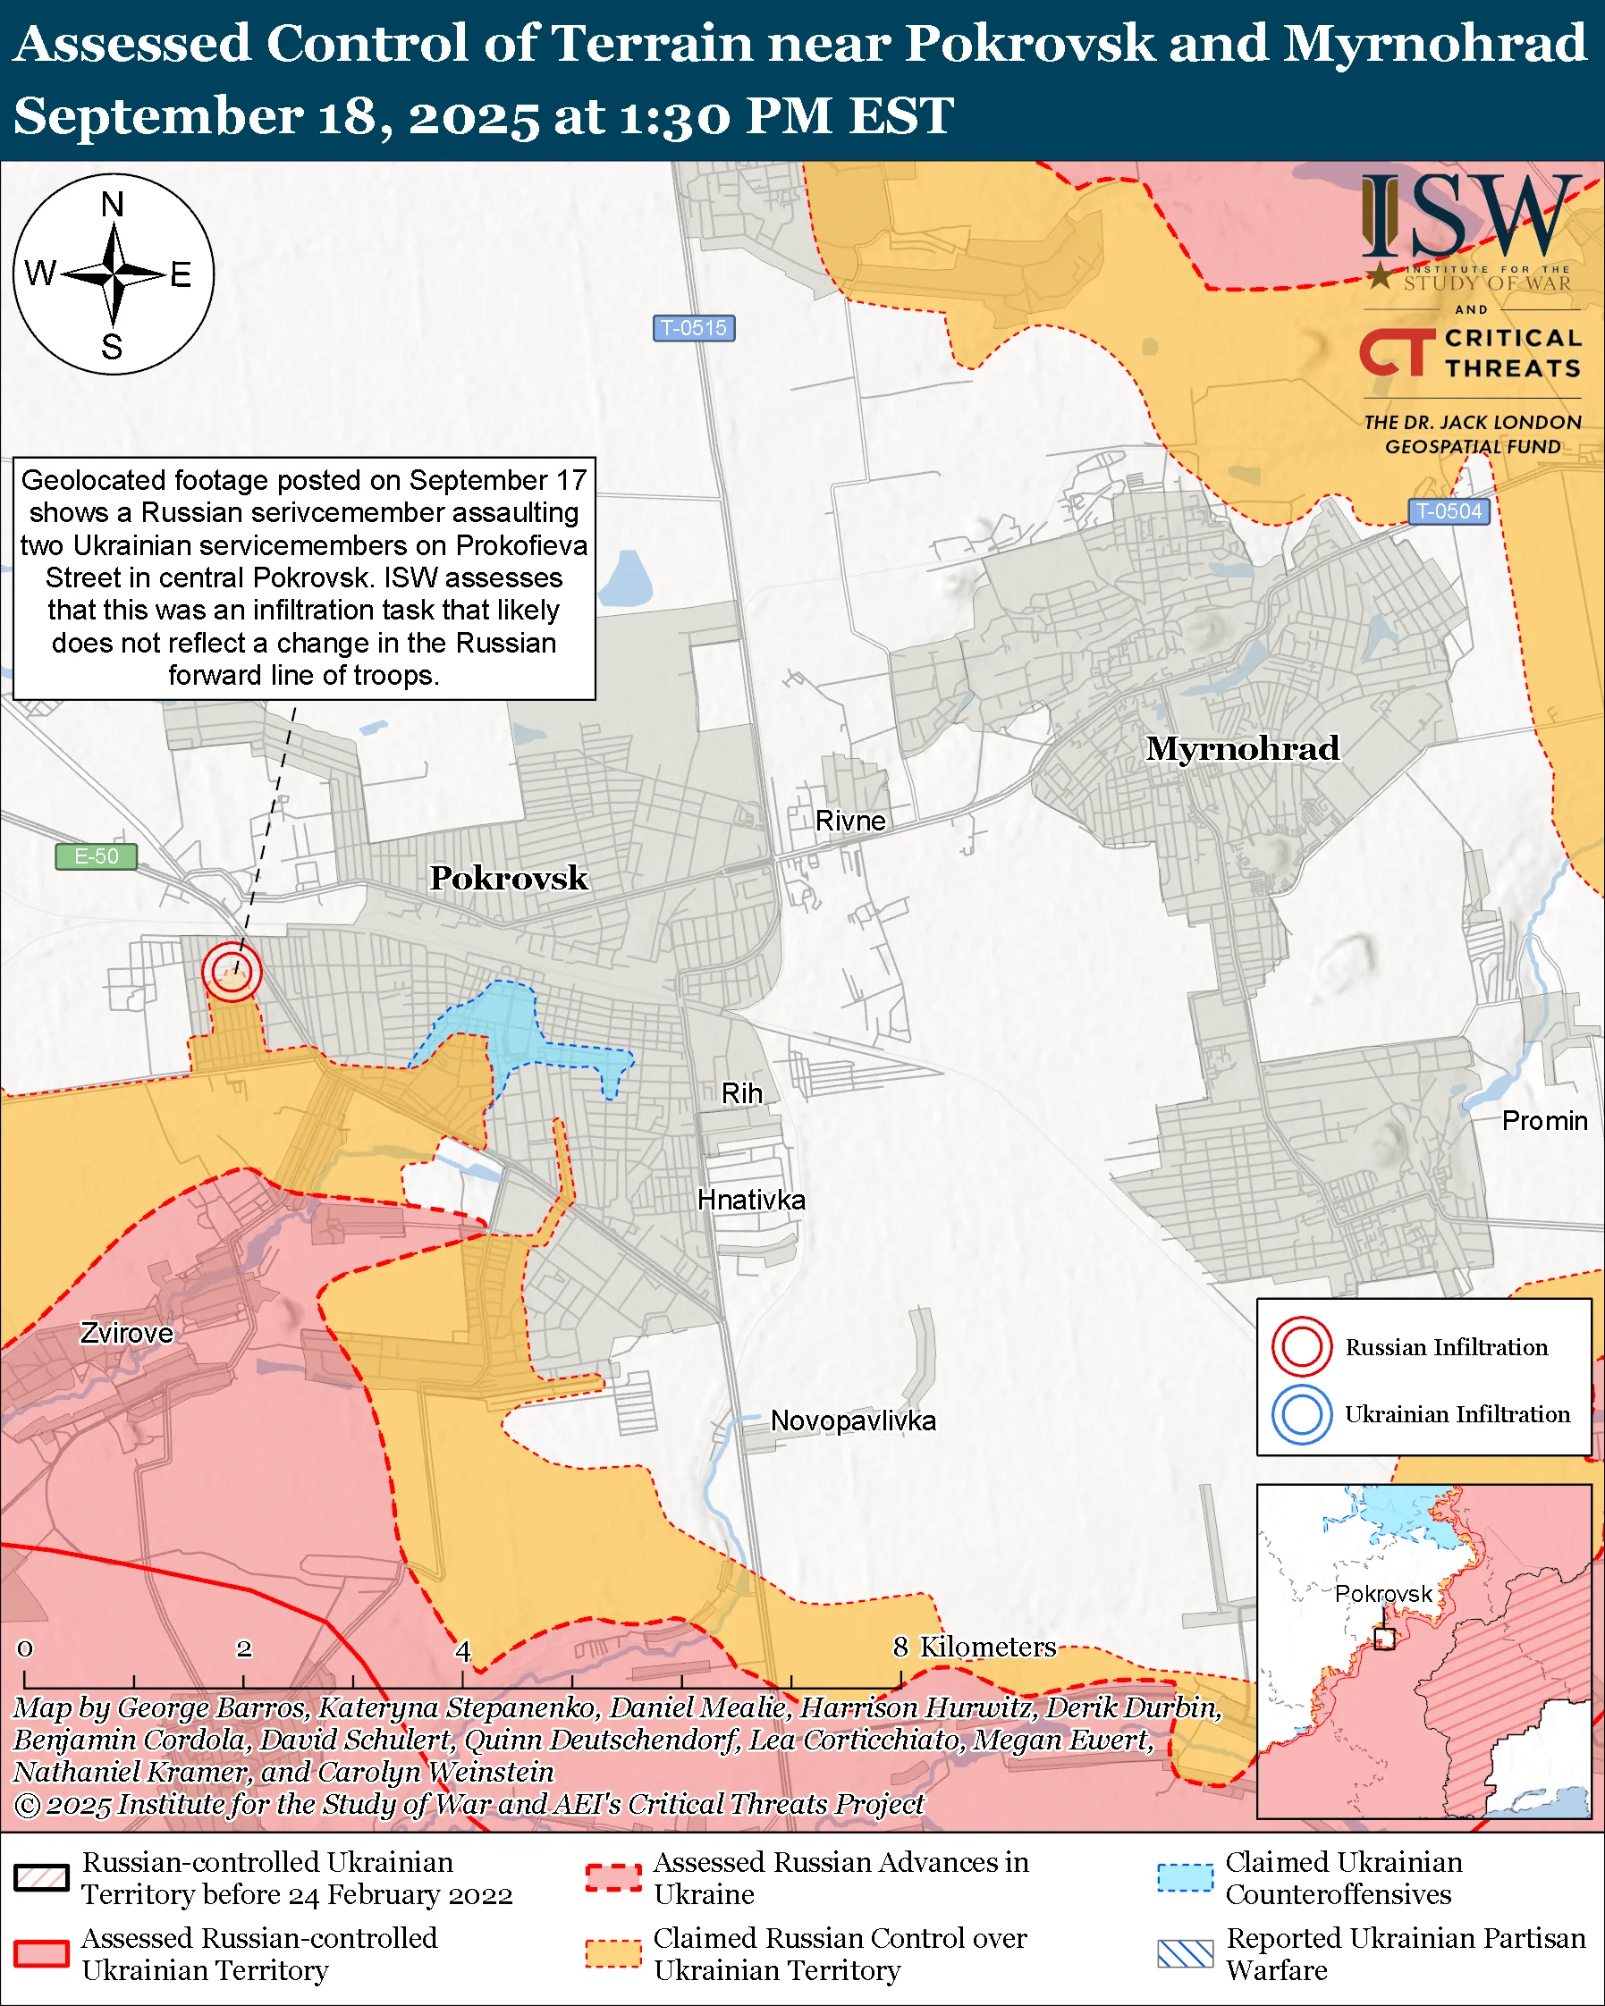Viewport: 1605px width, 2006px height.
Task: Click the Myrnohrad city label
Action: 1242,749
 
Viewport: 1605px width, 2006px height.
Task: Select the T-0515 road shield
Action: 694,328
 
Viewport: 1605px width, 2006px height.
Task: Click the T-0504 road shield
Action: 1449,510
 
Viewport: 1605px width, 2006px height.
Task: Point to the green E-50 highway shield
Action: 96,856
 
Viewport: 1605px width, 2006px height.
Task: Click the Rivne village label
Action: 850,821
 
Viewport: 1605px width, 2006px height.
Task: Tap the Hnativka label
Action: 751,1201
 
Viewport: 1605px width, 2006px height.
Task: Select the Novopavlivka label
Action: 853,1420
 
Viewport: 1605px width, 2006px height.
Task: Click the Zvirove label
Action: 127,1333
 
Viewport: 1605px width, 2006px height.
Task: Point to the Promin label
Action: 1544,1120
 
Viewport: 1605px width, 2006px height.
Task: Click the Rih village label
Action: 741,1093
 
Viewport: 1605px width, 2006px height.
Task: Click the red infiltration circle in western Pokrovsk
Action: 232,972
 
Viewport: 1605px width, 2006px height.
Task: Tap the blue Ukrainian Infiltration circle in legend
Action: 1302,1414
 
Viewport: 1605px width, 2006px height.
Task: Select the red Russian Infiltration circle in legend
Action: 1302,1347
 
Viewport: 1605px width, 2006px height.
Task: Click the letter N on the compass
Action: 113,205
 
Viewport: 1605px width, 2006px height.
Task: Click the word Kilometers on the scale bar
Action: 987,1647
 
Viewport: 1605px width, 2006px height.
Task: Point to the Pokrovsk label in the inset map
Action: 1383,1594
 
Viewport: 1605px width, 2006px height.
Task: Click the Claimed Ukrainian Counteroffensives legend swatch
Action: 1186,1877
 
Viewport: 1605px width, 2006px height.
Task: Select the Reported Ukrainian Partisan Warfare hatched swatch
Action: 1186,1954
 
